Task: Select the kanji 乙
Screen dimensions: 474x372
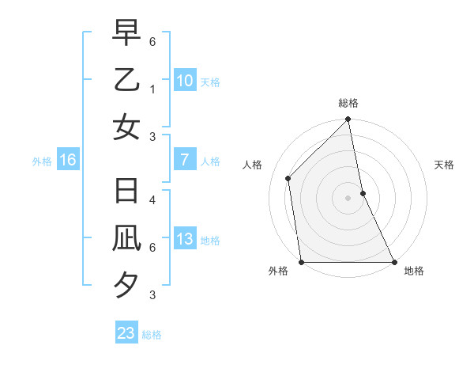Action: click(126, 80)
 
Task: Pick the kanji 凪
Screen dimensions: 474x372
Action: click(126, 239)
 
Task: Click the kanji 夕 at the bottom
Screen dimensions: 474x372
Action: click(126, 285)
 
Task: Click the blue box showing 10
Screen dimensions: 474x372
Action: click(184, 81)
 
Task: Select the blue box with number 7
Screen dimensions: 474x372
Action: click(184, 160)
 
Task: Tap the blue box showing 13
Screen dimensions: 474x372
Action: click(184, 240)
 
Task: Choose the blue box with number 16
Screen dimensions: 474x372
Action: click(68, 161)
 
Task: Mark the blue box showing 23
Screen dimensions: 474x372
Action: click(126, 333)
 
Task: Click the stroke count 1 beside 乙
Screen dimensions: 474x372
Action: click(152, 89)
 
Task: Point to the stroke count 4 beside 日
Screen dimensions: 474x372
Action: click(152, 199)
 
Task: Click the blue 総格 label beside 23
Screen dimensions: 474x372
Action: click(152, 335)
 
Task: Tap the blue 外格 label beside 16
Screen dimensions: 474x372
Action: click(42, 161)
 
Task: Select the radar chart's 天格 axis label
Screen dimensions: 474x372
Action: click(445, 165)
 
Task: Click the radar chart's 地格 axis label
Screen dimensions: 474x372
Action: click(414, 271)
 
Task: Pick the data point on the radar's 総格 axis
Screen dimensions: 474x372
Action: click(348, 120)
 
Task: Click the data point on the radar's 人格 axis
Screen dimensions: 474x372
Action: click(288, 178)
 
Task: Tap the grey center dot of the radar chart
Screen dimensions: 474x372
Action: click(348, 197)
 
